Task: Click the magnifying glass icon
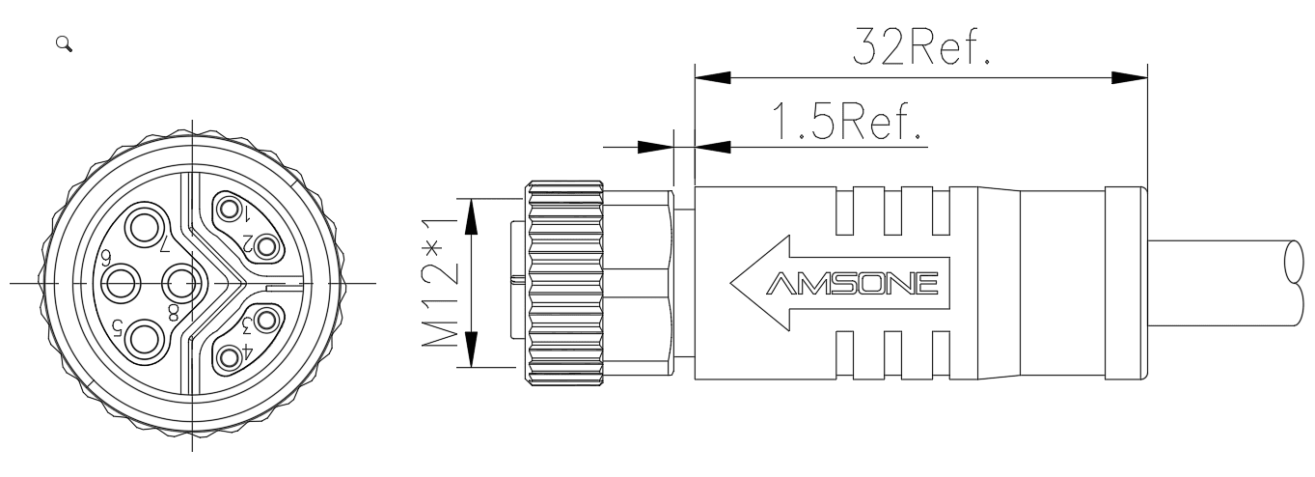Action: click(64, 43)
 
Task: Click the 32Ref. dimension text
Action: click(921, 45)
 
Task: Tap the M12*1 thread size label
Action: click(440, 283)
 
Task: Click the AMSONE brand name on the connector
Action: click(852, 283)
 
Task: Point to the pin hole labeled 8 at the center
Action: click(180, 284)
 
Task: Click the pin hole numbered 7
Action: click(144, 227)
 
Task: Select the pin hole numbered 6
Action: click(122, 284)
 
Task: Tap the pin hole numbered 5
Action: click(144, 340)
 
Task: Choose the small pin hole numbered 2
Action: click(266, 246)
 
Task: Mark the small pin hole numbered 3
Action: click(266, 321)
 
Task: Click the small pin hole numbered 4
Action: click(229, 356)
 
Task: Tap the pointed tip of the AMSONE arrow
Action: click(731, 283)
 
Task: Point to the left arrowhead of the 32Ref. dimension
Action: click(713, 77)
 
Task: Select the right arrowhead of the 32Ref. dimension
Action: click(1130, 77)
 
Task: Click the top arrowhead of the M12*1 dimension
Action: click(471, 216)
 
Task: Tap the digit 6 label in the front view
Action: click(106, 256)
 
